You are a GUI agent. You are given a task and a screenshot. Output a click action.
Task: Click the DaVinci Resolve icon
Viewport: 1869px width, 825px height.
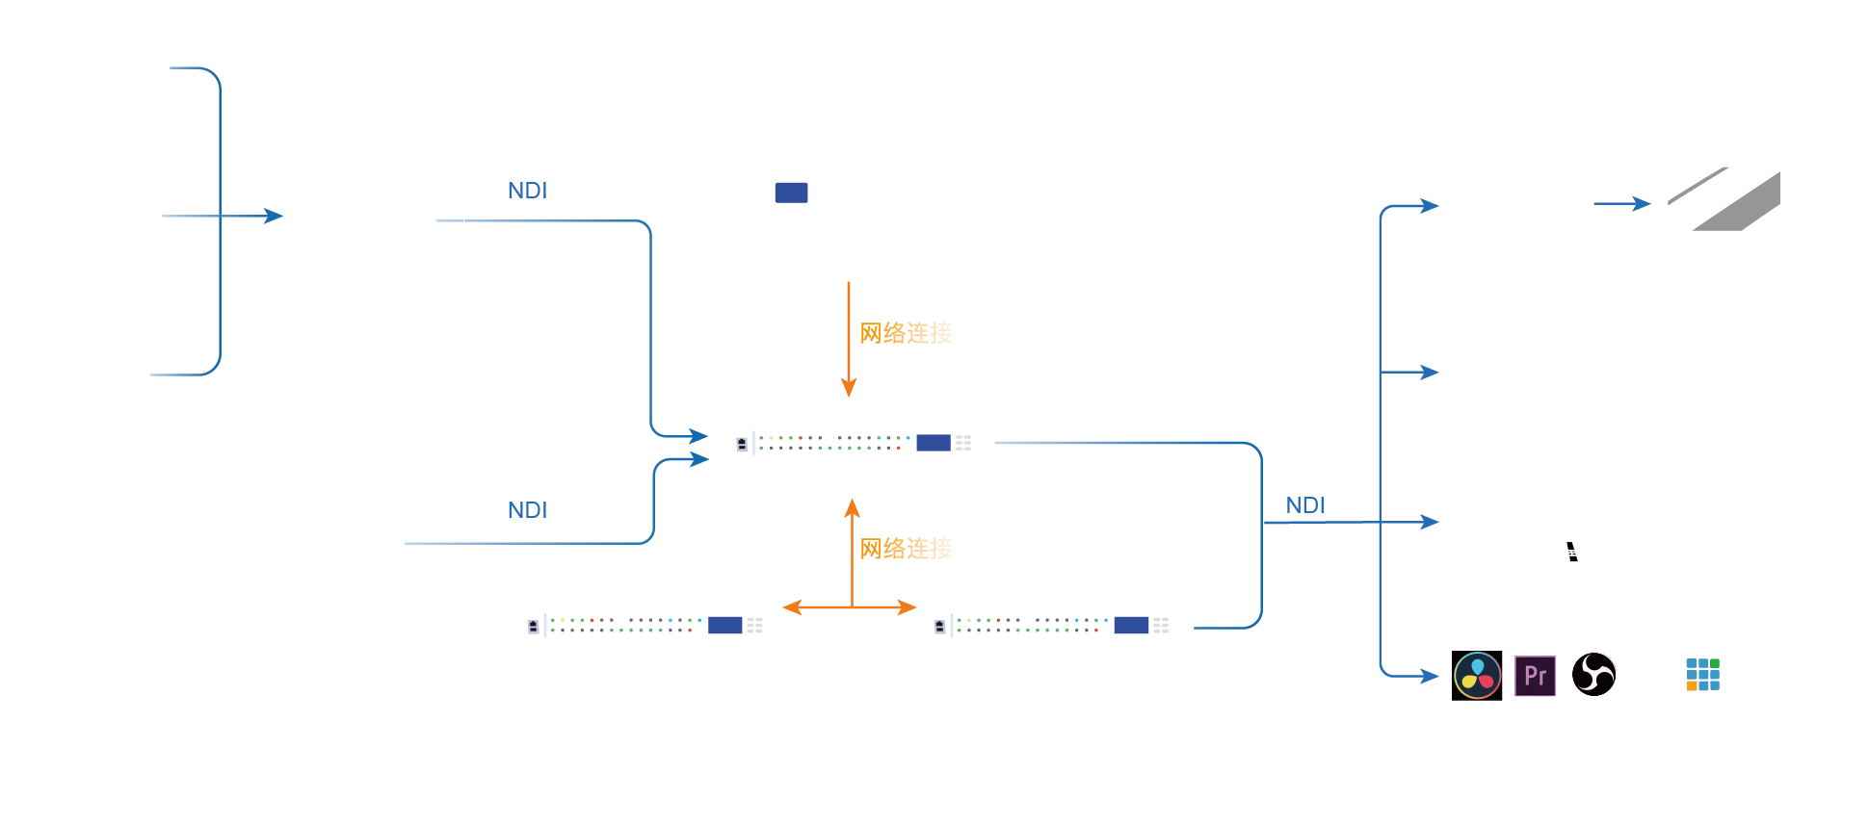click(1477, 676)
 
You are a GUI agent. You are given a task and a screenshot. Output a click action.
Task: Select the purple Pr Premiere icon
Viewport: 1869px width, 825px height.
click(1535, 676)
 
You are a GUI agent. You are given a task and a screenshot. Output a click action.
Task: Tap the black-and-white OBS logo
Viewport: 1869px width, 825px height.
click(1593, 674)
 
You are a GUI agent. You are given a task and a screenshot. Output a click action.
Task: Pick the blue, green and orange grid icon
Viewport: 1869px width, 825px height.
click(1702, 674)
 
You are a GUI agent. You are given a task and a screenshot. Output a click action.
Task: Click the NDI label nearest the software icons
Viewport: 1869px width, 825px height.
click(1305, 505)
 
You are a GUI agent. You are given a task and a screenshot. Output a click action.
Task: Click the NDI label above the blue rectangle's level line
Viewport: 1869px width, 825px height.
click(527, 191)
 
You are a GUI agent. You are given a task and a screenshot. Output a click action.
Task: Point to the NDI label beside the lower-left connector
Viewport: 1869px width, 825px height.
click(527, 510)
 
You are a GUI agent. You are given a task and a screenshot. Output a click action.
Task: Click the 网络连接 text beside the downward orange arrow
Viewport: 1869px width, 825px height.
click(906, 333)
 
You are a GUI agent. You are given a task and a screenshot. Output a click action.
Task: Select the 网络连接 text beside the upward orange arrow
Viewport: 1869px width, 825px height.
click(906, 549)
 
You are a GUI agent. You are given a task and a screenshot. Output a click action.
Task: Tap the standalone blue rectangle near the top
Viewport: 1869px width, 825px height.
click(791, 193)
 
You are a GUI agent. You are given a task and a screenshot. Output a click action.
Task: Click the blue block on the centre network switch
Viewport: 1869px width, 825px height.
click(933, 443)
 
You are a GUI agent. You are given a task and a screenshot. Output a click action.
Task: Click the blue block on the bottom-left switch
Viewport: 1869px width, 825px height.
click(724, 626)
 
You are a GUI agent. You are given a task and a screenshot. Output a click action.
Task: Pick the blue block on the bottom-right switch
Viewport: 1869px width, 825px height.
click(1131, 626)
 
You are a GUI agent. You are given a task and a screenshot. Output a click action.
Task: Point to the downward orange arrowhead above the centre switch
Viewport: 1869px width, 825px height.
click(849, 388)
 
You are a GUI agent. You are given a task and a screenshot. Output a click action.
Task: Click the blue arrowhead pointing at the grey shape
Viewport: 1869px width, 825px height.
click(1643, 203)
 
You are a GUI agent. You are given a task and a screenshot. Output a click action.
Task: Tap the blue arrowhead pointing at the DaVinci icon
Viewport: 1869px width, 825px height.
click(1431, 677)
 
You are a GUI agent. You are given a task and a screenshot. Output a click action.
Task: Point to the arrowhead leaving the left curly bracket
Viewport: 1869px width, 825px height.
click(274, 216)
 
